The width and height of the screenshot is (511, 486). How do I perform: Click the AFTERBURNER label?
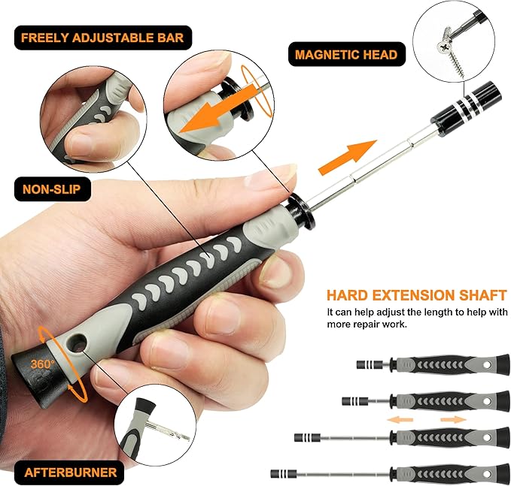[x=71, y=472]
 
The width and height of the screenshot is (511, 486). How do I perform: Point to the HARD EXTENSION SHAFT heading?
[x=416, y=294]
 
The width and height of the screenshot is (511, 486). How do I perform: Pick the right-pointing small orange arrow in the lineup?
[x=452, y=419]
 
